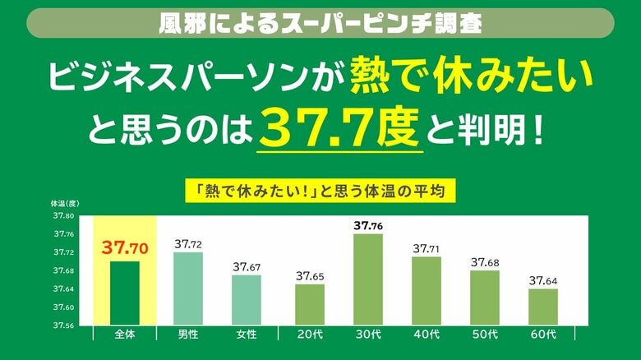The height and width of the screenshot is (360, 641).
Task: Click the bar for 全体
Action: pos(125,293)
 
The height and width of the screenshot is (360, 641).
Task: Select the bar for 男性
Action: pos(188,288)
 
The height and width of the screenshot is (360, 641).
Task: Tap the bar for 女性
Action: pos(246,300)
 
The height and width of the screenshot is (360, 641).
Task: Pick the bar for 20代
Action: pos(310,304)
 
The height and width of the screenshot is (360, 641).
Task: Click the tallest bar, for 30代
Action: pos(367,279)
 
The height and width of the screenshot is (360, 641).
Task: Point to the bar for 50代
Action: pos(484,298)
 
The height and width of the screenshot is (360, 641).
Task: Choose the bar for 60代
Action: pos(542,307)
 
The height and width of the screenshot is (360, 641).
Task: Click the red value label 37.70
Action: pos(125,247)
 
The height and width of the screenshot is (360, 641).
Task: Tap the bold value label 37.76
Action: pos(367,225)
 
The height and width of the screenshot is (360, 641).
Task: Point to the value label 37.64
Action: pos(542,280)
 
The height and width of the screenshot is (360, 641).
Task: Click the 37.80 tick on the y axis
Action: pos(64,216)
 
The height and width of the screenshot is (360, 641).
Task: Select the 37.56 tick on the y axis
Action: pos(64,325)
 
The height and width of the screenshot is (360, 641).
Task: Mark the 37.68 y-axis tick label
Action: pos(64,270)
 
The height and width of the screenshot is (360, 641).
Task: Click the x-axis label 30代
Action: pos(367,335)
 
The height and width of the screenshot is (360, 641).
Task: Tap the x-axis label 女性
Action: pos(246,335)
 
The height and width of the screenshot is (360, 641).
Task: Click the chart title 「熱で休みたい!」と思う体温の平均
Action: pos(320,192)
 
